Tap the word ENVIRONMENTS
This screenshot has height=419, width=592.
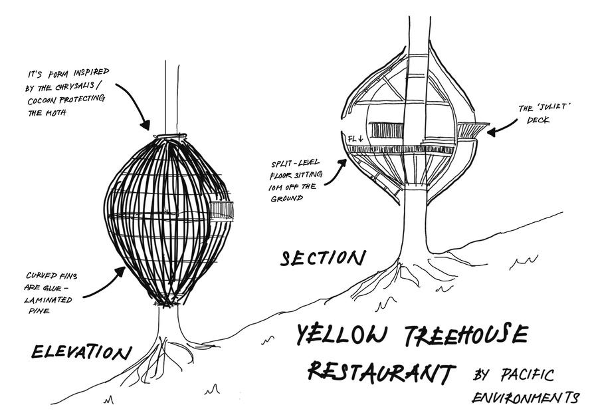tap(525, 398)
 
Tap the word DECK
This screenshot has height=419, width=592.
tap(538, 121)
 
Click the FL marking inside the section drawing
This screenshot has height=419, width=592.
tap(352, 138)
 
